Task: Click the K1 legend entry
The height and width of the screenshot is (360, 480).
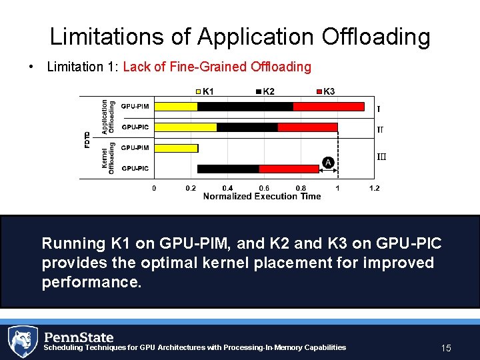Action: point(205,91)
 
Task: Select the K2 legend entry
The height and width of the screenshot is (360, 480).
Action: point(265,91)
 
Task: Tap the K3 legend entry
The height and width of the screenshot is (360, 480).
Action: point(325,91)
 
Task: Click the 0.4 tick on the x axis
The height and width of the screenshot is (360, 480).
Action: point(227,188)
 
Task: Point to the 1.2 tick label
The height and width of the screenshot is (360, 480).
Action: point(374,188)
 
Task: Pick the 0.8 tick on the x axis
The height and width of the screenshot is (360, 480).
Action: point(301,188)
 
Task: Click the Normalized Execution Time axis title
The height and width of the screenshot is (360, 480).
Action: point(261,196)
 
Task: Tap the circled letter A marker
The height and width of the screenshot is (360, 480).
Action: point(327,162)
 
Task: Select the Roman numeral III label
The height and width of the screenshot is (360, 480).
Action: point(381,157)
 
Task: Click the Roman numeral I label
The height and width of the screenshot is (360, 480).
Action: point(379,109)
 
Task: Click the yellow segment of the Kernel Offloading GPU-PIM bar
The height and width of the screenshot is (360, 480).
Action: point(176,148)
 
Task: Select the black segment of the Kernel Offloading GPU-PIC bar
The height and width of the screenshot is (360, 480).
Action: point(228,169)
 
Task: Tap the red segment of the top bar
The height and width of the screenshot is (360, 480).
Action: point(329,106)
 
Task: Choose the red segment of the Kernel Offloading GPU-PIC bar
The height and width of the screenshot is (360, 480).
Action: point(279,169)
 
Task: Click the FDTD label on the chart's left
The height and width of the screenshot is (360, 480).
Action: point(87,138)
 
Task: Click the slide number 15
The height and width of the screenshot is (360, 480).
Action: point(446,348)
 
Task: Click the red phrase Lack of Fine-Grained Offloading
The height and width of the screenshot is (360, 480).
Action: point(217,67)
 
